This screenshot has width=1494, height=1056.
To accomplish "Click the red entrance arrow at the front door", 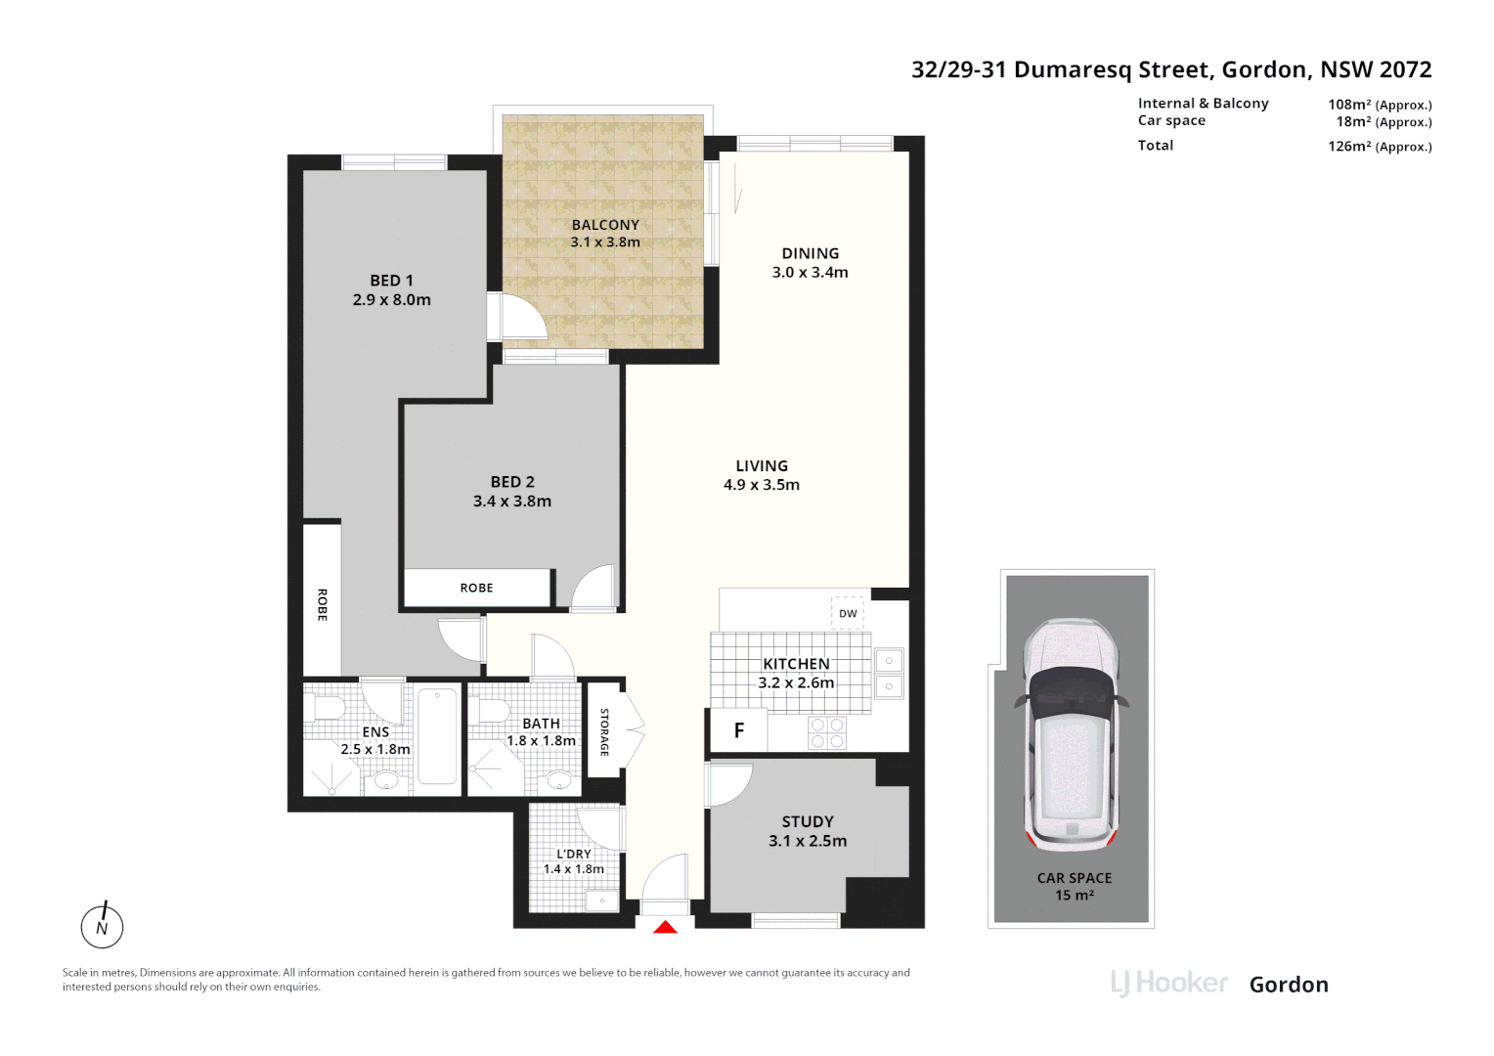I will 665,927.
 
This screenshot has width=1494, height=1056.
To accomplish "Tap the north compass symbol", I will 102,926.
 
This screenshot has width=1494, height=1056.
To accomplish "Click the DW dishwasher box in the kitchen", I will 848,613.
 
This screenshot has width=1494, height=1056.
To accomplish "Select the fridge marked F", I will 739,730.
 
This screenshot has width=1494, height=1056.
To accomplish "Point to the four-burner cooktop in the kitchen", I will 827,732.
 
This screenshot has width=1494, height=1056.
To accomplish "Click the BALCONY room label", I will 605,225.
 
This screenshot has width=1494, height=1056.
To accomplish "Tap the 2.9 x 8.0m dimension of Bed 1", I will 391,300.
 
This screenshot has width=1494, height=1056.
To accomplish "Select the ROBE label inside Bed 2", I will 476,588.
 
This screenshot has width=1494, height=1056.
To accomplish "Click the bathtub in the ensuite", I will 437,736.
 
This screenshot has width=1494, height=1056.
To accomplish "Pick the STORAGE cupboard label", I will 604,732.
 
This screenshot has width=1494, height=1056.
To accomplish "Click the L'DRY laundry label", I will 574,854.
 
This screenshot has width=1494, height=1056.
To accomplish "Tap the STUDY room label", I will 808,821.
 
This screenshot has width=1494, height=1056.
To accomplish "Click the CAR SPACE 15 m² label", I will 1074,886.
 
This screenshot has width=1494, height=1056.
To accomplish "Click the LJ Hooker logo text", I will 1168,983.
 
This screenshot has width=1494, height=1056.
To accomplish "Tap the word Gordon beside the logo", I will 1289,985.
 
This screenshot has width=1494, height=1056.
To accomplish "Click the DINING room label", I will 810,253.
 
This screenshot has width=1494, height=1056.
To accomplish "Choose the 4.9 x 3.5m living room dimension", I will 761,485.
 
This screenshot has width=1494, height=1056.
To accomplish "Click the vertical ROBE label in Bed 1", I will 322,604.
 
